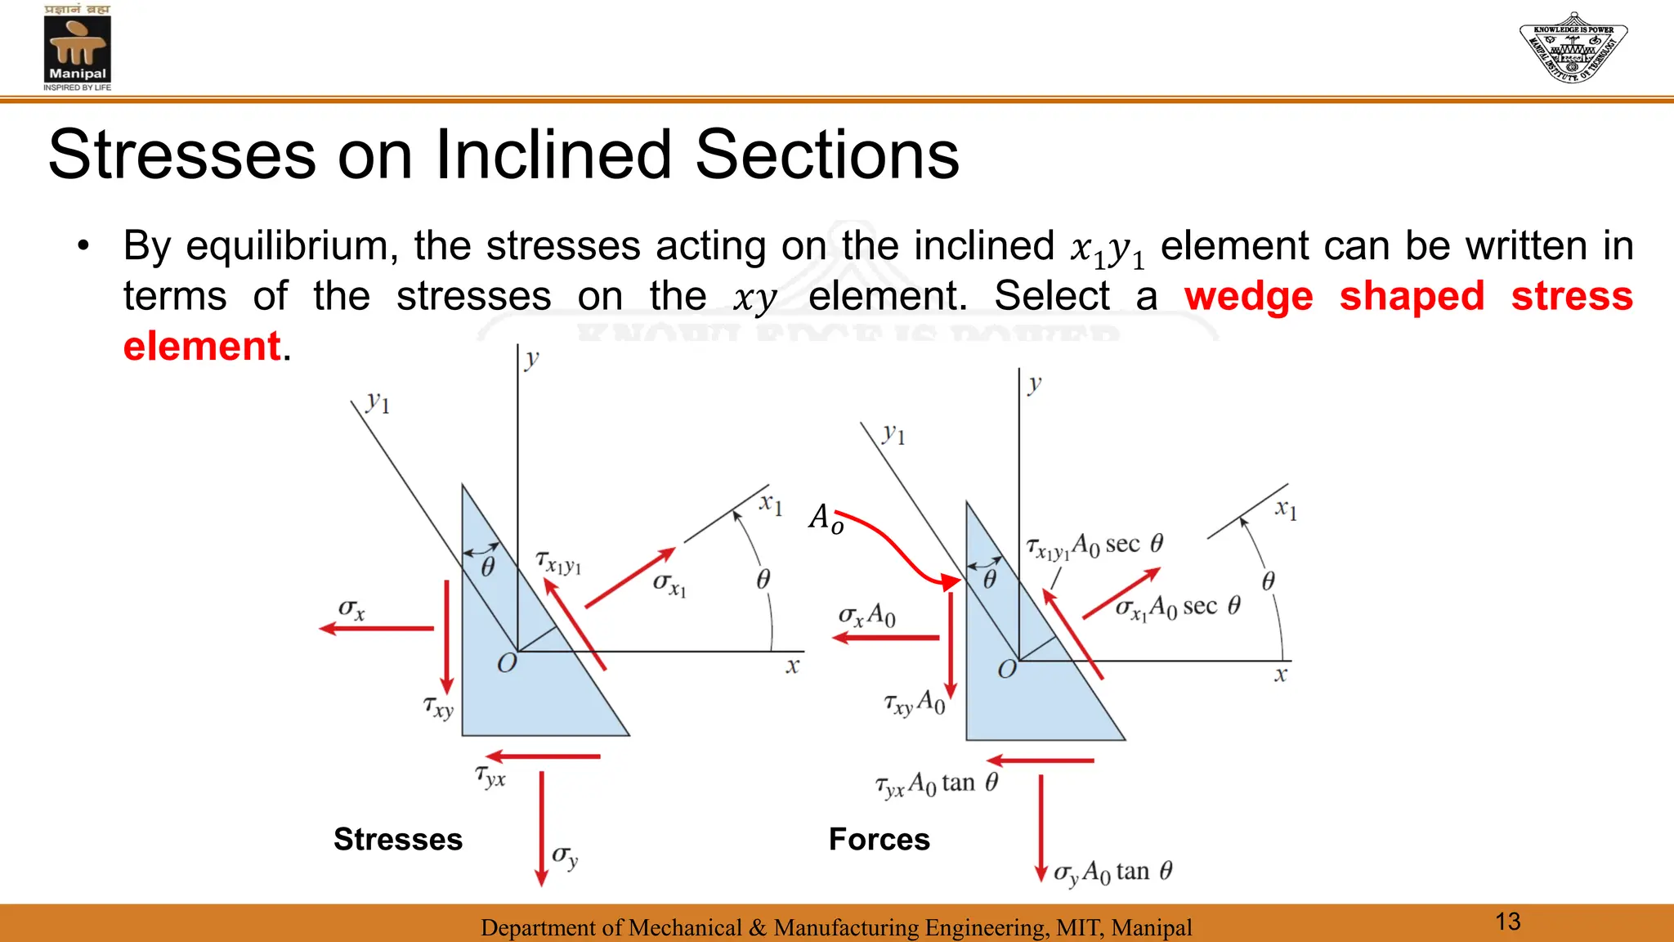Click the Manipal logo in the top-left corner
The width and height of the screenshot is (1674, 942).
coord(77,47)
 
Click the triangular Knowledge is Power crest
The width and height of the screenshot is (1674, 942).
coord(1573,47)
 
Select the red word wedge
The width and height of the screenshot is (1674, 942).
coord(1248,296)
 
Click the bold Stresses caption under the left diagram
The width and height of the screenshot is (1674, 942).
coord(398,839)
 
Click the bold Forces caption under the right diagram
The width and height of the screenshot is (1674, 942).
coord(879,839)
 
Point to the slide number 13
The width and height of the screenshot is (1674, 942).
coord(1507,922)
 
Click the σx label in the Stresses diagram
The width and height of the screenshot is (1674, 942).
coord(352,609)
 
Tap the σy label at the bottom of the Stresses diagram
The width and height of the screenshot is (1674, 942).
coord(565,856)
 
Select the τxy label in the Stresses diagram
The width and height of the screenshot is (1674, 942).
coord(438,706)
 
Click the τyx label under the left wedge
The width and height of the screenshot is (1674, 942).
coord(490,775)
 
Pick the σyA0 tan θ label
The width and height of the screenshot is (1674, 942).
coord(1112,872)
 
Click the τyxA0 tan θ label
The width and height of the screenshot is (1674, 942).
coord(937,784)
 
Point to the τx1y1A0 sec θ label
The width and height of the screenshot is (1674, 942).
coord(1094,545)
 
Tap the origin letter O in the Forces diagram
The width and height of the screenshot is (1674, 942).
coord(1007,669)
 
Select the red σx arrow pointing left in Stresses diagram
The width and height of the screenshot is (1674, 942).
coord(376,628)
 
